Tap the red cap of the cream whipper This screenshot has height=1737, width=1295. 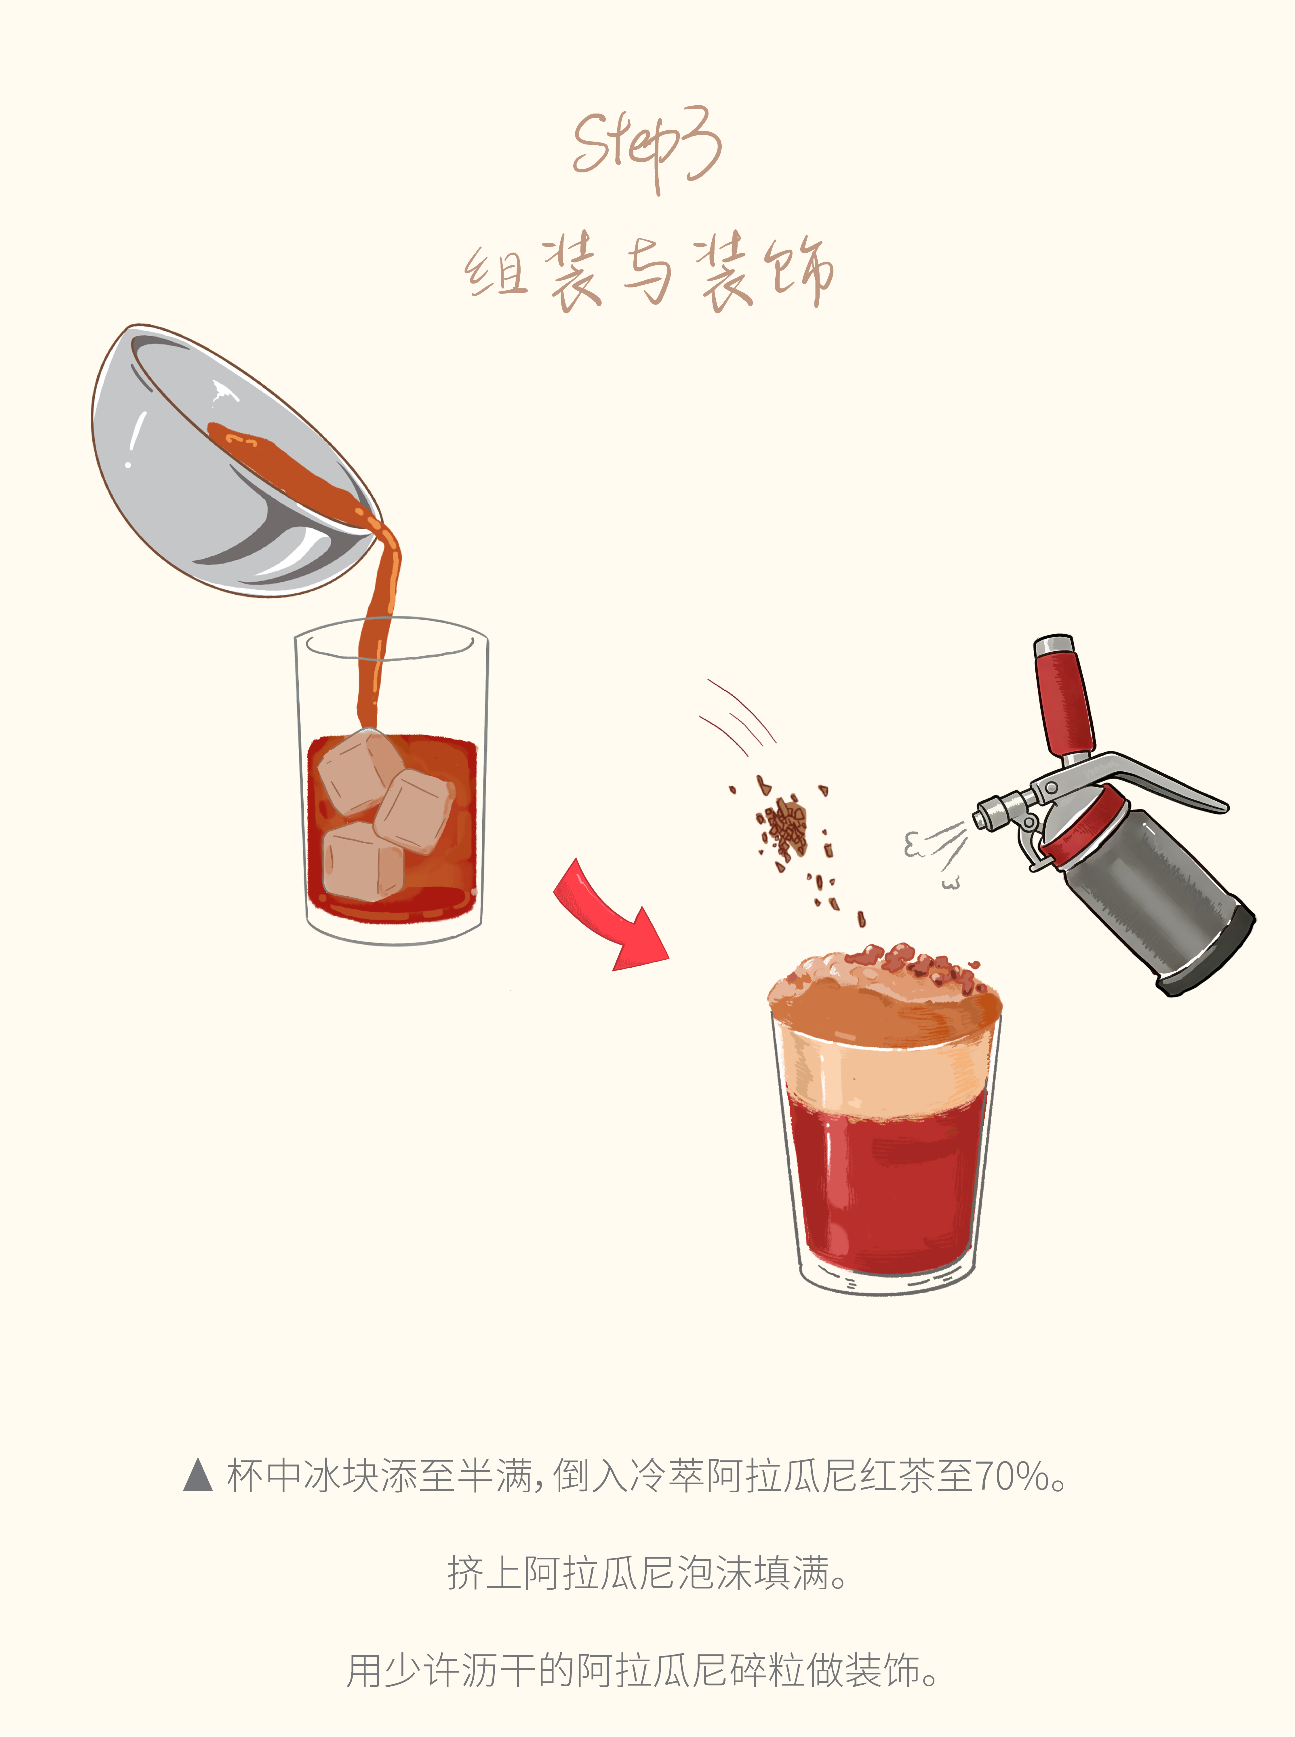(x=1064, y=698)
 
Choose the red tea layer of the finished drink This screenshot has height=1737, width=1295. (x=886, y=1184)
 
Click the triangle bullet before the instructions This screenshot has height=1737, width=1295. (x=197, y=1475)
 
